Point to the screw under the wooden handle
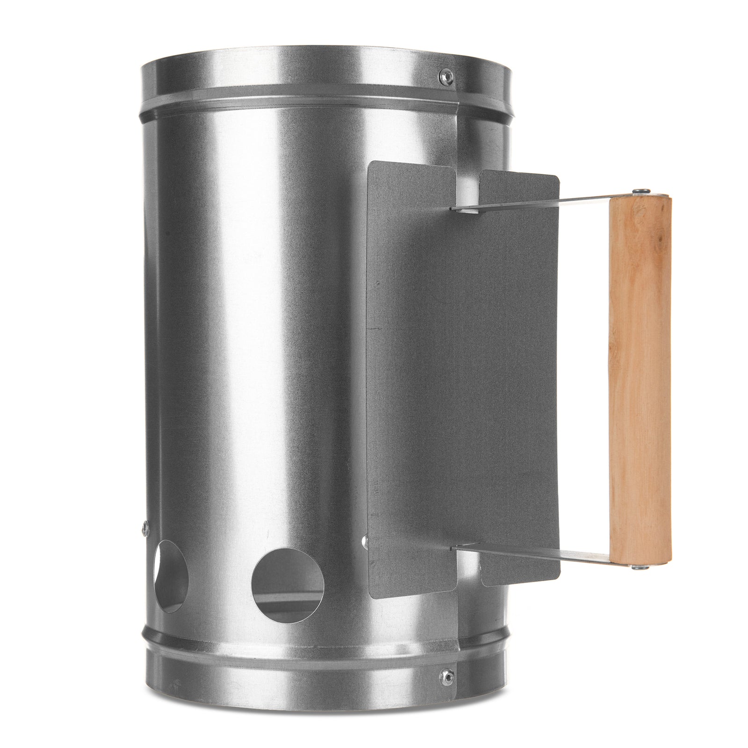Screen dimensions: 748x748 click(x=635, y=567)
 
